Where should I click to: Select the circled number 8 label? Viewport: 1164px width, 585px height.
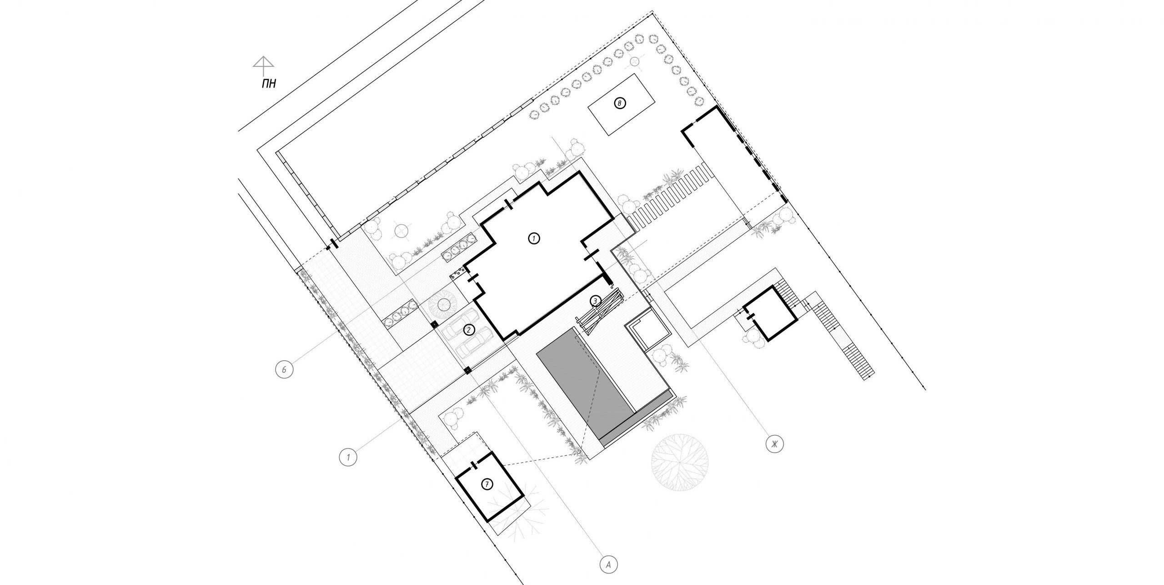click(619, 104)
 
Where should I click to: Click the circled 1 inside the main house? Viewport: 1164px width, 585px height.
click(534, 238)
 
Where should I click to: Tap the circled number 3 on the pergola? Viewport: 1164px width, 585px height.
click(595, 301)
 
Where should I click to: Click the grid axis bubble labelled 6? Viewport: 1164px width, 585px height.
click(284, 369)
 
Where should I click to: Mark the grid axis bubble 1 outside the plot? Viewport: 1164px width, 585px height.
click(348, 456)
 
